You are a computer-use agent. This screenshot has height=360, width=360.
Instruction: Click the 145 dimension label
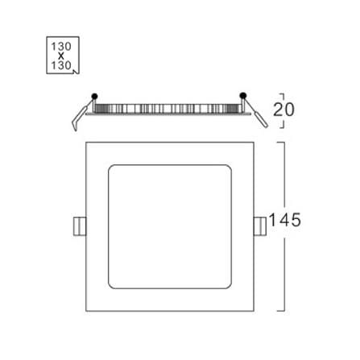pyautogui.click(x=284, y=220)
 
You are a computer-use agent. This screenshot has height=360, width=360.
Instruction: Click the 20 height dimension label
pyautogui.click(x=283, y=110)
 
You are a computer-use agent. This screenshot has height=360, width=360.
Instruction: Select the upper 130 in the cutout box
pyautogui.click(x=61, y=47)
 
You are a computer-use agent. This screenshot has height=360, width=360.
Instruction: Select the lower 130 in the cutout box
pyautogui.click(x=61, y=65)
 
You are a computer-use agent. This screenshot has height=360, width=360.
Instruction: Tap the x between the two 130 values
pyautogui.click(x=61, y=56)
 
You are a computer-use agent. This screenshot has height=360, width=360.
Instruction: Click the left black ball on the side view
pyautogui.click(x=94, y=96)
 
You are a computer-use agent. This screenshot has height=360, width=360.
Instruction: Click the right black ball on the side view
pyautogui.click(x=243, y=95)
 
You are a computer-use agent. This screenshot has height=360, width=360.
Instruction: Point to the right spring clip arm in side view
pyautogui.click(x=256, y=114)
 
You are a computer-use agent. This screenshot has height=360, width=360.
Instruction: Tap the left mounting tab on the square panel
pyautogui.click(x=80, y=226)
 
